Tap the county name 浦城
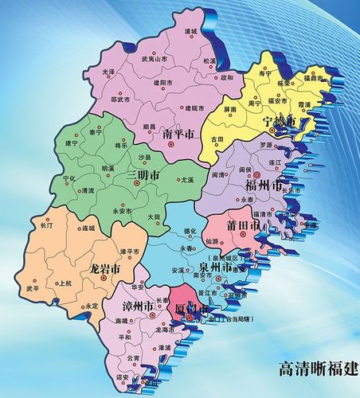point(190,32)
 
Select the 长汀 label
point(47,227)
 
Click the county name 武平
point(33,289)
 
